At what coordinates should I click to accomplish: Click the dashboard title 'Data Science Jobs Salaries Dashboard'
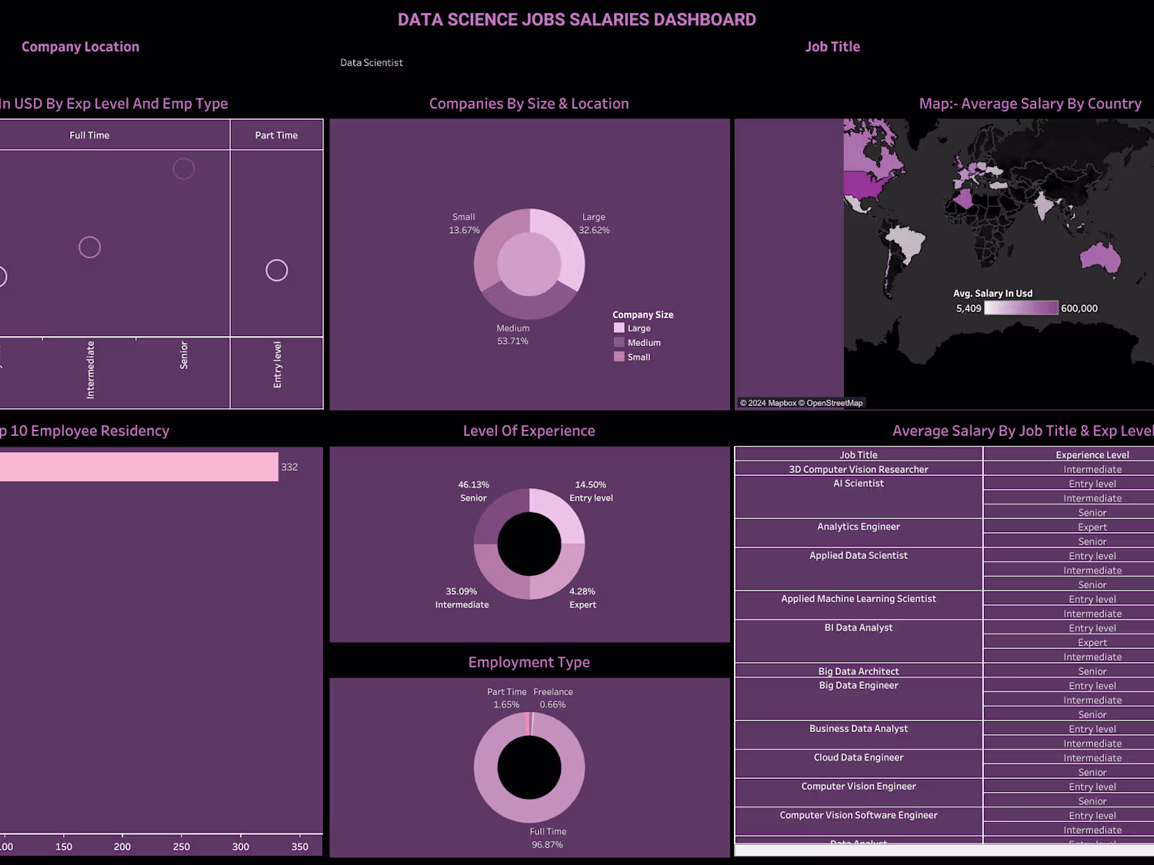click(576, 20)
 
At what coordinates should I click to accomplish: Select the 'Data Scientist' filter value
click(372, 63)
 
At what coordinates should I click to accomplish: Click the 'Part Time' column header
click(276, 135)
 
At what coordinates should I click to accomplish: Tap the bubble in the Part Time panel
click(277, 271)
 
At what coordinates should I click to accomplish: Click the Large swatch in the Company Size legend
click(619, 328)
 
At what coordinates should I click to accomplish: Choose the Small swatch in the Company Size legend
click(619, 357)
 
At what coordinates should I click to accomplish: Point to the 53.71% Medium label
click(512, 335)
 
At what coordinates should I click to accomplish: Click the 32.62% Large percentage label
click(594, 231)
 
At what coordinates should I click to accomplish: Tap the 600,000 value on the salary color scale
click(1079, 308)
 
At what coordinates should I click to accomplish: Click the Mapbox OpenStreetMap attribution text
click(801, 403)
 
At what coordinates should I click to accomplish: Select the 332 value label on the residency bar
click(289, 467)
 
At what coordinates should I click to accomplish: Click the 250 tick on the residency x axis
click(182, 847)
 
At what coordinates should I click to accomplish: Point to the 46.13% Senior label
click(474, 491)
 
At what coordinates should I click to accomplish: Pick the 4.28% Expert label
click(582, 598)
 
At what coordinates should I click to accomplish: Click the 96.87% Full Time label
click(548, 845)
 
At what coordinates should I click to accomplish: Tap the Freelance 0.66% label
click(553, 698)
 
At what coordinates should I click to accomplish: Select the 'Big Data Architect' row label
click(859, 671)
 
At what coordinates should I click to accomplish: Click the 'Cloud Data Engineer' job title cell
click(859, 758)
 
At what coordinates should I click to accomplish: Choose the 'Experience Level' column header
click(1092, 455)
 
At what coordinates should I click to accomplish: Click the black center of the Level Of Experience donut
click(529, 544)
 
